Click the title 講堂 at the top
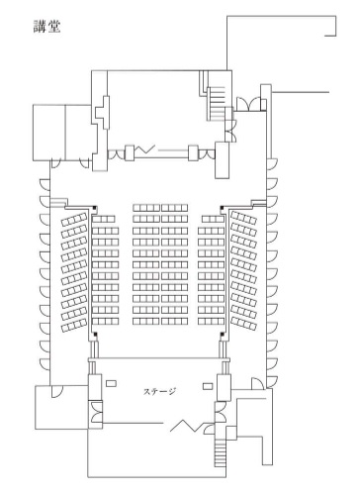pyautogui.click(x=47, y=27)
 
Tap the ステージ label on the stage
pyautogui.click(x=159, y=391)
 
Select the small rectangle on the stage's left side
pyautogui.click(x=111, y=383)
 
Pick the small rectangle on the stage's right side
pyautogui.click(x=208, y=386)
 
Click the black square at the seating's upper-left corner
pyautogui.click(x=95, y=208)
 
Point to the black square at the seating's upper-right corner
pyautogui.click(x=223, y=208)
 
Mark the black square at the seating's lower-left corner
pyautogui.click(x=95, y=335)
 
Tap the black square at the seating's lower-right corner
pyautogui.click(x=223, y=335)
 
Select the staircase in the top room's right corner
pyautogui.click(x=216, y=103)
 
